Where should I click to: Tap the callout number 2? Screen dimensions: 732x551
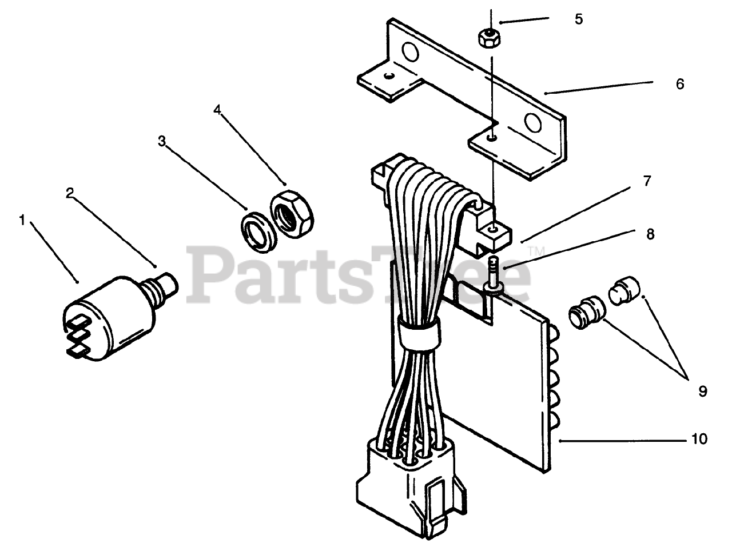(69, 193)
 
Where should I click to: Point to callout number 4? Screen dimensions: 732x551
(217, 110)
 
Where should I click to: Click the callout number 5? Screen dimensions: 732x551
(579, 19)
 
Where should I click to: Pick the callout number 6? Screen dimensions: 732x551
(679, 83)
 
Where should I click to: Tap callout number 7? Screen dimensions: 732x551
(647, 181)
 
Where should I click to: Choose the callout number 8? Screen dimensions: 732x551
(650, 234)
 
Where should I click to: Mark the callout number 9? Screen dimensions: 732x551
(702, 391)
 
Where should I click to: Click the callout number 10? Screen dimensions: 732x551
(699, 439)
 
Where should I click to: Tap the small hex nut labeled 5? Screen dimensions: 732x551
(486, 39)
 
